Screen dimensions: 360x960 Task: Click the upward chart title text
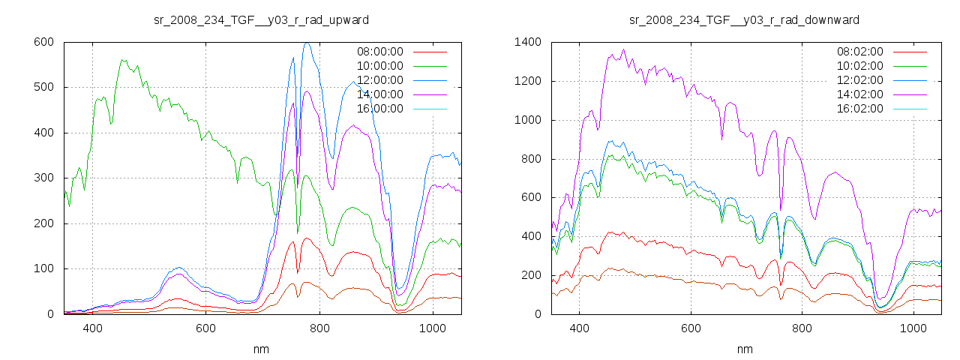(x=261, y=19)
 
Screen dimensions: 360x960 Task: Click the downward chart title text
(x=744, y=19)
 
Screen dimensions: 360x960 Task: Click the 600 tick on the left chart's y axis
(x=43, y=42)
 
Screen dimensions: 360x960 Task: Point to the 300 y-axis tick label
(x=43, y=178)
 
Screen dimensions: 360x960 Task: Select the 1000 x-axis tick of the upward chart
(x=432, y=328)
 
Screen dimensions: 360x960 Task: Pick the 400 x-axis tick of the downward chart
(x=579, y=328)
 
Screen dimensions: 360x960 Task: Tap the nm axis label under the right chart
(x=744, y=349)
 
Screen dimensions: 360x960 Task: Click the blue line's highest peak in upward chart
(x=306, y=43)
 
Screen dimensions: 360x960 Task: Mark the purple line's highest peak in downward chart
(x=623, y=50)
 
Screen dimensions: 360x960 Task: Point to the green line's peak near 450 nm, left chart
(x=122, y=60)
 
